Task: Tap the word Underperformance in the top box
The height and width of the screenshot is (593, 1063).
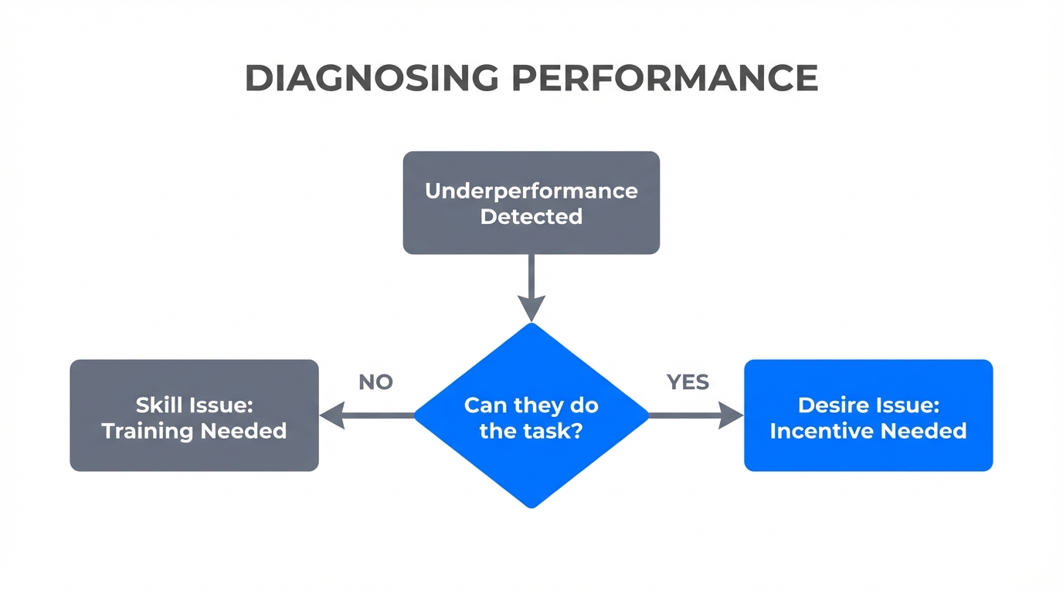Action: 531,191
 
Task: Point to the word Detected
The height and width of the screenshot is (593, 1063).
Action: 531,216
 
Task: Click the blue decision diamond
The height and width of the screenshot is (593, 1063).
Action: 531,463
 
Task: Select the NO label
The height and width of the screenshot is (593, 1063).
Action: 375,382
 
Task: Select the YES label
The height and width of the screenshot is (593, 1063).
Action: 688,382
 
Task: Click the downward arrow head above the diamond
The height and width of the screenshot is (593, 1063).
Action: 531,309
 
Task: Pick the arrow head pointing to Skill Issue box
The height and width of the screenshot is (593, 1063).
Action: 331,415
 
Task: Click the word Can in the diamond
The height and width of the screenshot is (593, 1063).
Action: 484,405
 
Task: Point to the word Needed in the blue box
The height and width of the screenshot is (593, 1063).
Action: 925,430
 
